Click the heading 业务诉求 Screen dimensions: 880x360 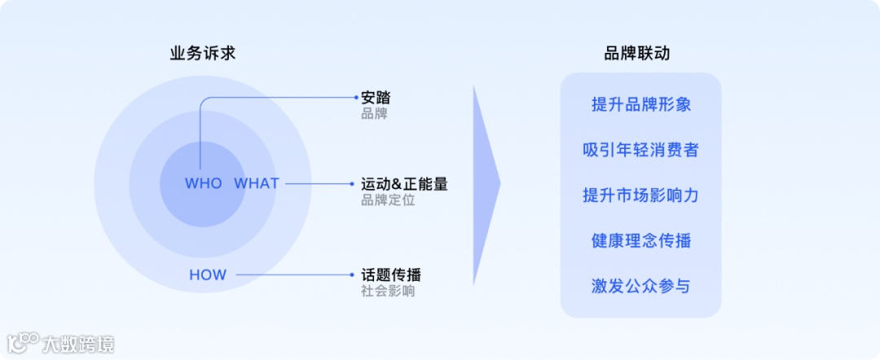point(203,54)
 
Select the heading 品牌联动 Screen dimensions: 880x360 point(637,54)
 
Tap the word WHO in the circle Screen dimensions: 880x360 point(203,183)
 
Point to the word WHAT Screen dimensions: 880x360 point(257,183)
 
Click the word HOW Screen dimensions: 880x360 point(208,275)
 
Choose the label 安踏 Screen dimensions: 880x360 point(376,98)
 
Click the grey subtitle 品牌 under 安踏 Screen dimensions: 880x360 point(374,113)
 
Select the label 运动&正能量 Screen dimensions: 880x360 point(404,184)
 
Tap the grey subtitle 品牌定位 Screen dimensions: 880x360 point(388,200)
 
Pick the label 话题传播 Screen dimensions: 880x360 point(391,274)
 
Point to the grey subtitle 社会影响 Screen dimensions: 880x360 point(388,290)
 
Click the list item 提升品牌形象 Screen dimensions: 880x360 point(641,105)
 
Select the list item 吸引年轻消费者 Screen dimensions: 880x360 point(641,151)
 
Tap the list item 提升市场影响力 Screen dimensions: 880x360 point(641,195)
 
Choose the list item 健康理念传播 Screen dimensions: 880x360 point(641,241)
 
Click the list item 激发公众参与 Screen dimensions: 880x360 point(641,286)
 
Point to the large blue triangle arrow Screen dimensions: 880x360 point(484,185)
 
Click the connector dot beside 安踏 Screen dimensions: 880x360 point(356,97)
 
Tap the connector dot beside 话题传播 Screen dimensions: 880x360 point(356,275)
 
